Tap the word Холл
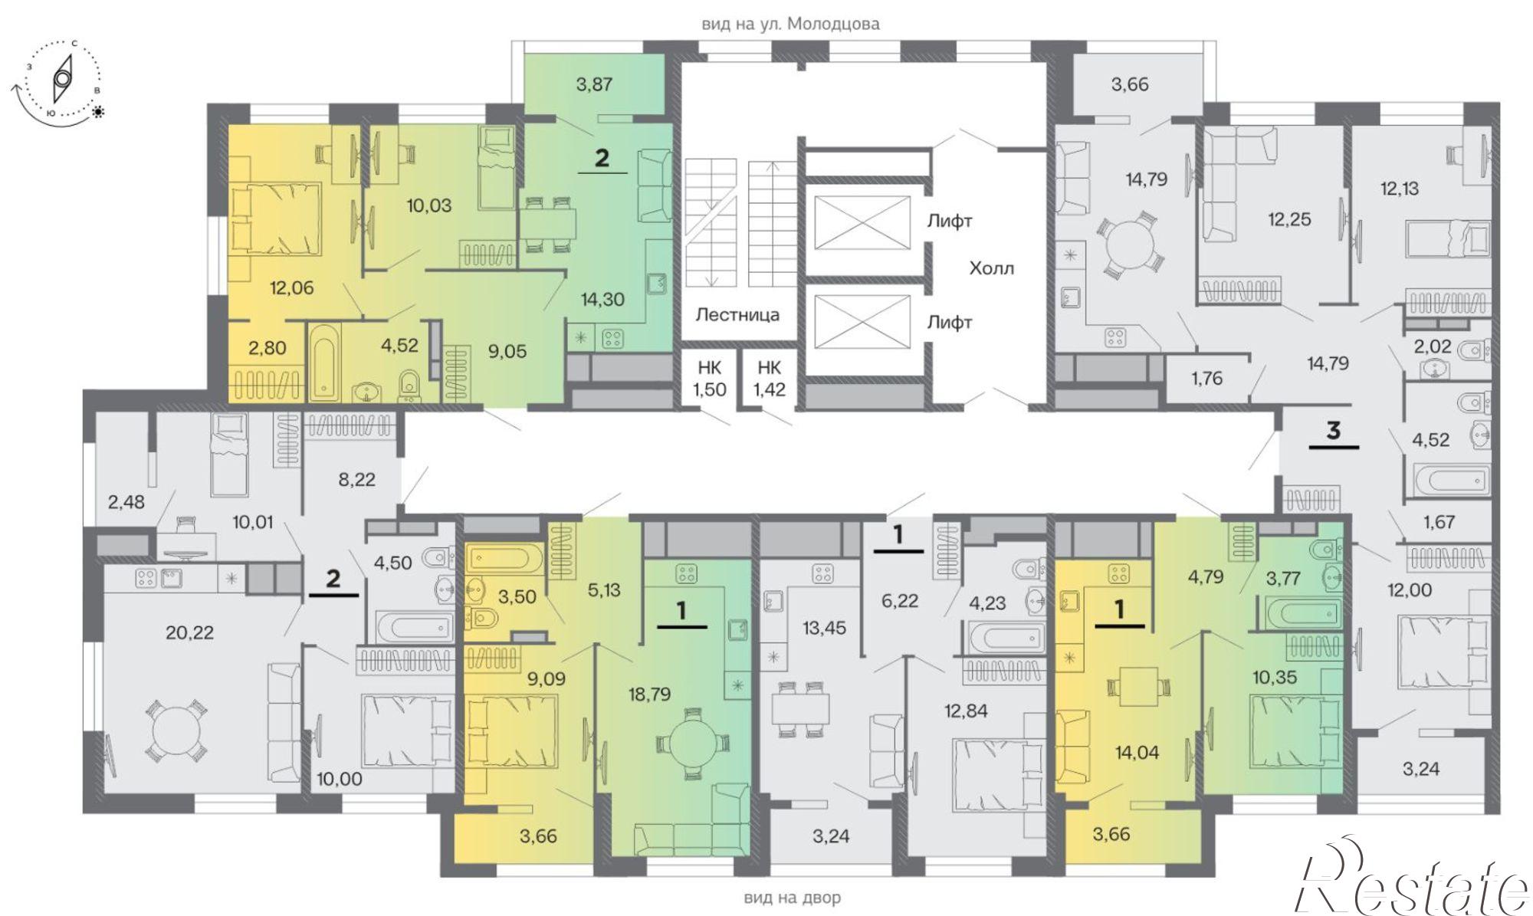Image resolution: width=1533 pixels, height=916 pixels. point(991,268)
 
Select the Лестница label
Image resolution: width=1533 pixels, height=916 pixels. point(737,314)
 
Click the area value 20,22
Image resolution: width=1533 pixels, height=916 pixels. point(190,632)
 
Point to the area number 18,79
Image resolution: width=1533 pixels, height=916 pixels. point(649,694)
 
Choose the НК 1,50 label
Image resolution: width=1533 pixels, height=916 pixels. point(709,379)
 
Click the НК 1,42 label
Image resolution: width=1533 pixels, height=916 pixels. point(769,379)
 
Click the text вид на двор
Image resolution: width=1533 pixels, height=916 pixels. point(792,897)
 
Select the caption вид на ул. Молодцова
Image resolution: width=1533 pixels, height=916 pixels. point(790,24)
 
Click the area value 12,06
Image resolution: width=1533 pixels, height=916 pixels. point(291,287)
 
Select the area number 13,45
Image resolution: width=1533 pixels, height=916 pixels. point(823,628)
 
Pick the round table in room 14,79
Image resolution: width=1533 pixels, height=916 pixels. point(1127,247)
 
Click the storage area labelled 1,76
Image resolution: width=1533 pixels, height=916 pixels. point(1206,378)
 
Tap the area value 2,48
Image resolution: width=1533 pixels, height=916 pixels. point(126,502)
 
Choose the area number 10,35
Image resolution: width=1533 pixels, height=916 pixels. point(1274,678)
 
